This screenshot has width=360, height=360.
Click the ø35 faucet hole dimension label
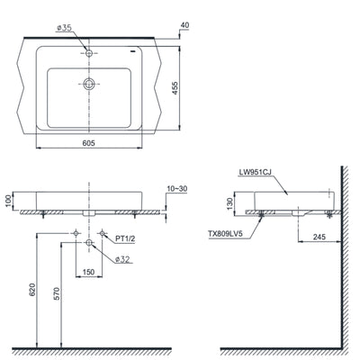point(63,30)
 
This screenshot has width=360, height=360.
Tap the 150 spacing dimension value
point(89,271)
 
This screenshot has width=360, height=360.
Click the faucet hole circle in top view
point(89,53)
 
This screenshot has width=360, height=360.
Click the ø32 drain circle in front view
point(89,244)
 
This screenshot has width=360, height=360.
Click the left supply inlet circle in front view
point(76,233)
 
